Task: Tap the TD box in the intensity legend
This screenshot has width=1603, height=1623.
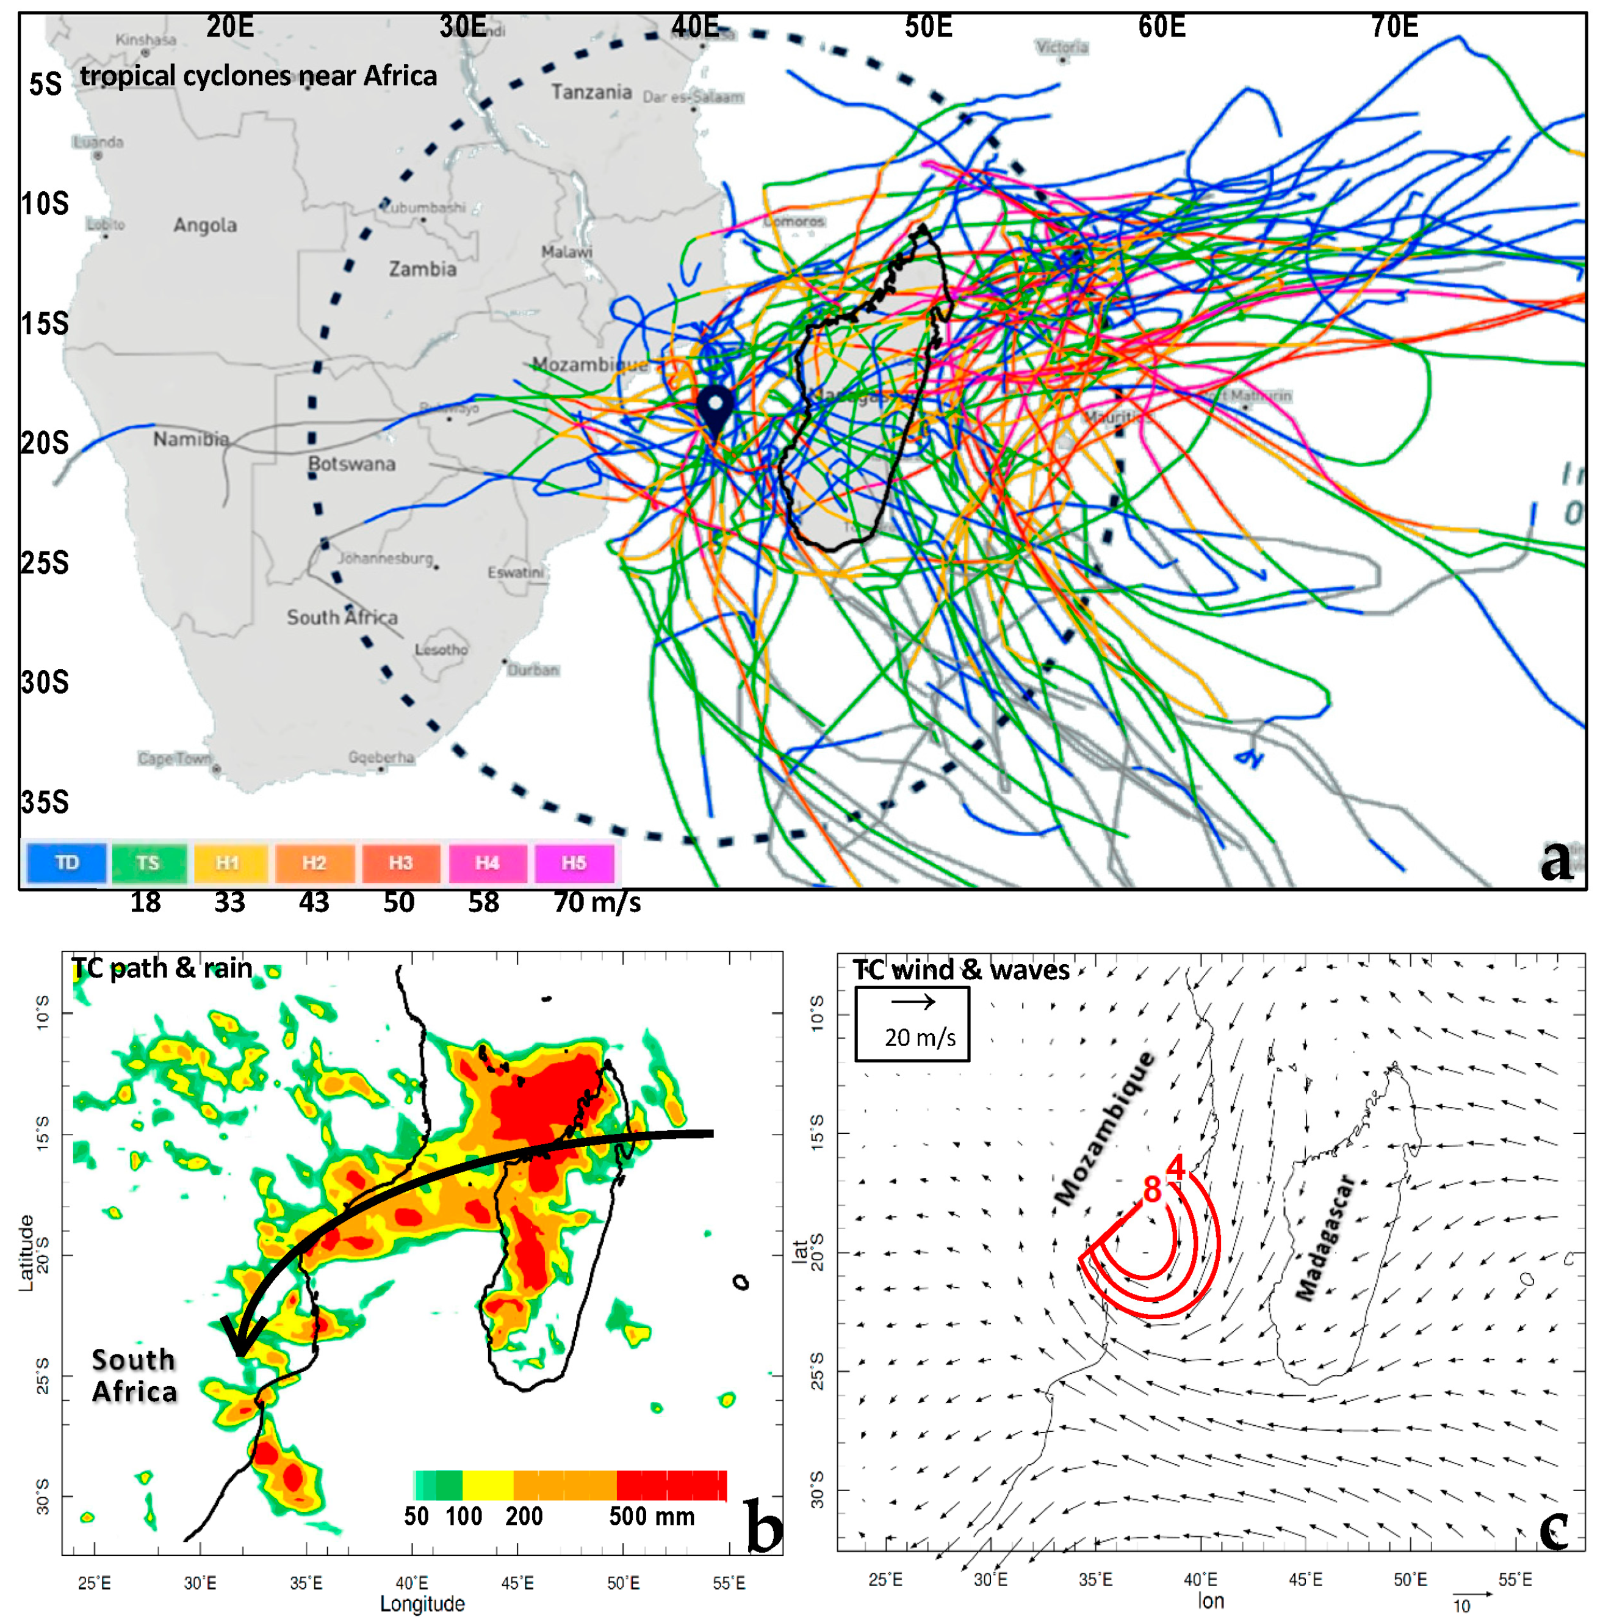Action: point(67,863)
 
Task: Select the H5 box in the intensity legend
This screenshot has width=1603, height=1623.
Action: point(574,863)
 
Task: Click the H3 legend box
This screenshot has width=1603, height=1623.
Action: point(400,863)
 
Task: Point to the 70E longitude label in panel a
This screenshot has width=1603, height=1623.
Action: point(1395,27)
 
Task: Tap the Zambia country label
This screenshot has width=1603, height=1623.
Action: point(422,269)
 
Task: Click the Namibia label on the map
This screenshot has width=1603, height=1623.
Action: point(190,438)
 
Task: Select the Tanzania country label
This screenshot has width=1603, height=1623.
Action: point(591,92)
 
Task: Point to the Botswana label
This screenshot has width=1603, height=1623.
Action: point(351,463)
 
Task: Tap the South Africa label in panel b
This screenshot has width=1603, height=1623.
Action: point(134,1375)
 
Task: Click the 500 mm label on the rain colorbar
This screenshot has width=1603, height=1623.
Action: point(652,1516)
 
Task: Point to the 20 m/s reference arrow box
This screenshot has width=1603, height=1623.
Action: point(912,1023)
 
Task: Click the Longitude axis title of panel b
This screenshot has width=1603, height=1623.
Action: point(422,1603)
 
